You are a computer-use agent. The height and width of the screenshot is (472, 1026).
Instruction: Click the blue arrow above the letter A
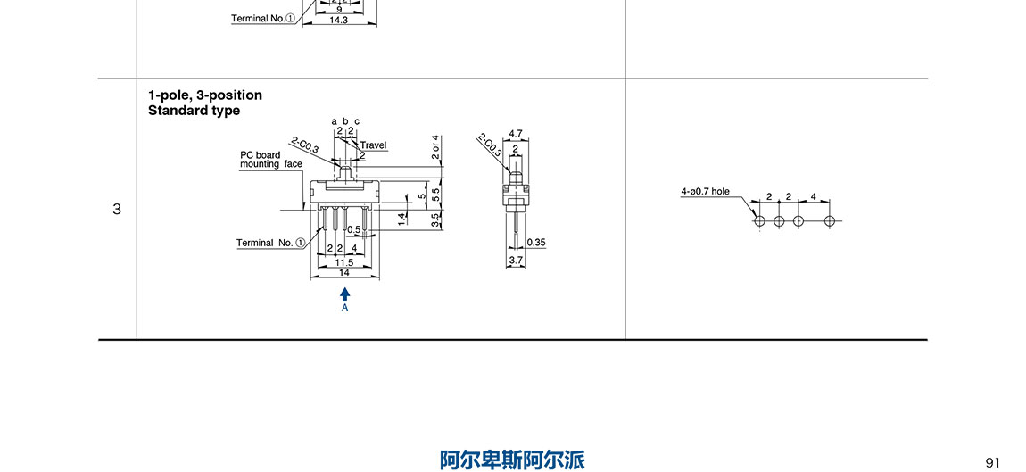345,293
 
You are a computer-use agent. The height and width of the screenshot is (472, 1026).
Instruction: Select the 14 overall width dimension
343,272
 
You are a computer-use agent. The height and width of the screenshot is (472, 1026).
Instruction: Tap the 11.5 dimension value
343,262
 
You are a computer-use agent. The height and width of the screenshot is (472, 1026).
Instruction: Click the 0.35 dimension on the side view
536,242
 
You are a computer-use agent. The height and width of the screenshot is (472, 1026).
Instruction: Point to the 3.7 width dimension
516,260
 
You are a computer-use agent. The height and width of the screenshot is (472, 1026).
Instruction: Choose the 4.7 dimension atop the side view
515,134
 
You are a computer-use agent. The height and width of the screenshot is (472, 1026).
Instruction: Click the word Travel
373,145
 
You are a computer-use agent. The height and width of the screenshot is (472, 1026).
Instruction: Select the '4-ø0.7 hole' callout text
705,191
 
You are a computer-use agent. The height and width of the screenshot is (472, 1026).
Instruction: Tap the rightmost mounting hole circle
830,220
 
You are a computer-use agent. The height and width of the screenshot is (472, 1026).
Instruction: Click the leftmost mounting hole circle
759,220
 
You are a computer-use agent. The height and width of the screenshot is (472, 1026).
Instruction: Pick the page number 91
993,461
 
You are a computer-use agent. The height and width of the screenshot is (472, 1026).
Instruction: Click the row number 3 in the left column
117,210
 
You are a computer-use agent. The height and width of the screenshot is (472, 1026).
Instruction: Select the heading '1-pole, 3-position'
205,95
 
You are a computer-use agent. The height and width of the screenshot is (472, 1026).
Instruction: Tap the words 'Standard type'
194,111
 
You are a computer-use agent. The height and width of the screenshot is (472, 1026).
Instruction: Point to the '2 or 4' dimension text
435,146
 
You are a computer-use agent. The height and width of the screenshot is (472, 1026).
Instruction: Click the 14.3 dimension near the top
338,19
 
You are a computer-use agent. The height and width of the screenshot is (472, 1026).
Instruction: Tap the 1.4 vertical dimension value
403,217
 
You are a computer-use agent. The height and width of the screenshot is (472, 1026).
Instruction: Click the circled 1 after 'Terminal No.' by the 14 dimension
300,243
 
